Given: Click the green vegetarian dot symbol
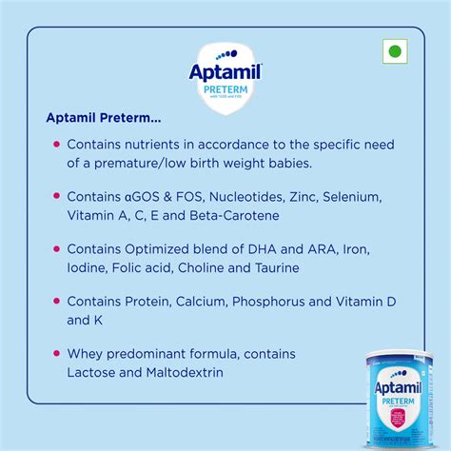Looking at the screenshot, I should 394,51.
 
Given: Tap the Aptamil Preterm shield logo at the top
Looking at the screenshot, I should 225,77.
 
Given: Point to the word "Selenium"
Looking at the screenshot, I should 351,196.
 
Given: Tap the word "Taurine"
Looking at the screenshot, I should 276,267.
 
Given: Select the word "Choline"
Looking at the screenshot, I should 205,267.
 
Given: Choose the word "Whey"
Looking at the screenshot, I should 84,354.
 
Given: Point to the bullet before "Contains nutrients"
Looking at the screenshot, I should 57,145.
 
